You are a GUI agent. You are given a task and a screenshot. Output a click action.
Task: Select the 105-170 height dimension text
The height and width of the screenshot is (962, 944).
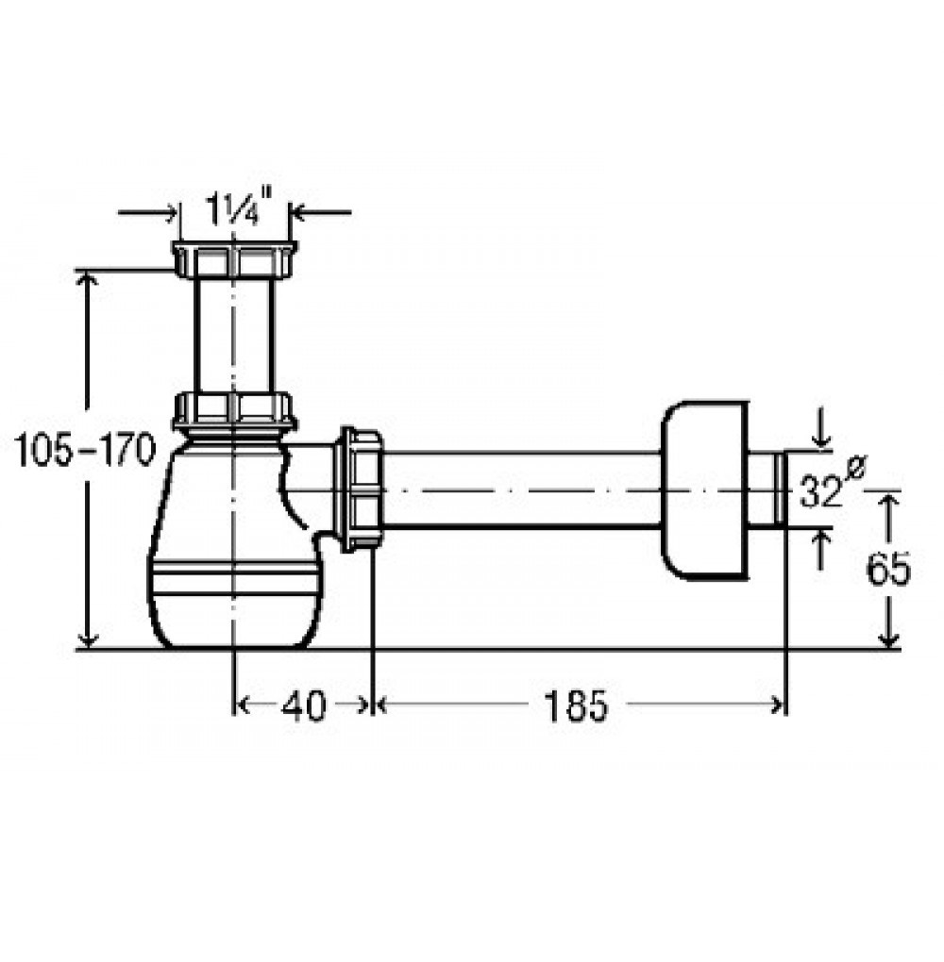85,450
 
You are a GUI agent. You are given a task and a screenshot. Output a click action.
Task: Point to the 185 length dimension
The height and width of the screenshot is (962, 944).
576,705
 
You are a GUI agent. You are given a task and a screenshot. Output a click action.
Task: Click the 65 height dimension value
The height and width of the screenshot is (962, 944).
887,570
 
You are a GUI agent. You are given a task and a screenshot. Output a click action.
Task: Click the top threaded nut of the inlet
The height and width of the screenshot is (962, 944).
234,259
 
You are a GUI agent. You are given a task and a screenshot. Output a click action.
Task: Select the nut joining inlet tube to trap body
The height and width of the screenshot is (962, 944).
234,410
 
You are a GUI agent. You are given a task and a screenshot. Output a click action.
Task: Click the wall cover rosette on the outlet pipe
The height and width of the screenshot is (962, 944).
705,490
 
